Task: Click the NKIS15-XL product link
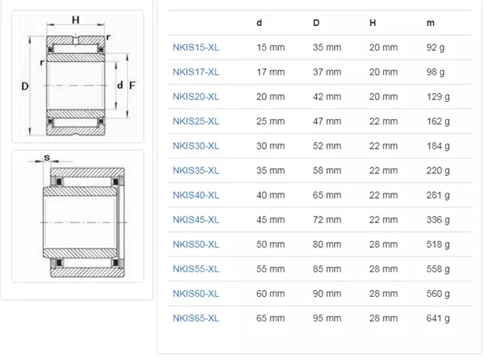pos(196,48)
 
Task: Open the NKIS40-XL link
pos(196,195)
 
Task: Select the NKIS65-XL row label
pos(196,318)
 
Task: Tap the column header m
pos(430,23)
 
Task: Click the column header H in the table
pos(373,23)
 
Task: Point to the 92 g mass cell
pos(435,48)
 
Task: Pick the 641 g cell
pos(438,318)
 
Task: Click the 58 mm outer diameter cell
pos(327,170)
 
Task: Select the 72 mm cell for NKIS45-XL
pos(327,219)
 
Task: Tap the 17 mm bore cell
pos(270,72)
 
